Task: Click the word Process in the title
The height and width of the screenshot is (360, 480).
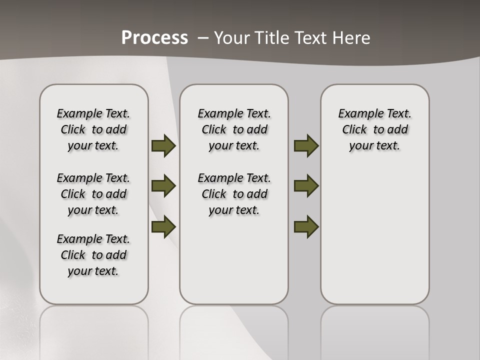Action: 154,38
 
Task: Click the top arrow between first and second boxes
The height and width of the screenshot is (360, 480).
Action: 163,146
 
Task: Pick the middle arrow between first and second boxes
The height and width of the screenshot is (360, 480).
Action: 163,186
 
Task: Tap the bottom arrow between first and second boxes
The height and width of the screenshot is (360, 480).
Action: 163,226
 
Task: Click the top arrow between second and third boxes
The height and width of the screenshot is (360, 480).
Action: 306,146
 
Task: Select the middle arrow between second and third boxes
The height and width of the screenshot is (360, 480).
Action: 306,186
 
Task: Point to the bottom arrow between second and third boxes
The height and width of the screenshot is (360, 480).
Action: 306,226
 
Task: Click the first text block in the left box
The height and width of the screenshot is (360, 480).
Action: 93,129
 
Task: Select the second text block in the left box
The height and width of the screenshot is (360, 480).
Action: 93,194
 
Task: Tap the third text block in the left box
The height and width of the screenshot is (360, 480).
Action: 93,255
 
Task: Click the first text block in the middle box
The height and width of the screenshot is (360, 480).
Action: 234,129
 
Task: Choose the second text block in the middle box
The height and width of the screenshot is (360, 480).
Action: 234,194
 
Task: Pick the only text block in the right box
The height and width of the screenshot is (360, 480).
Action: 374,129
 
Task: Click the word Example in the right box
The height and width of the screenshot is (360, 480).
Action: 357,113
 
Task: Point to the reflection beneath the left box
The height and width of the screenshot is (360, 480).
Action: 94,330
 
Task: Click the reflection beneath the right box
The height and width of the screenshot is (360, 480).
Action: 375,330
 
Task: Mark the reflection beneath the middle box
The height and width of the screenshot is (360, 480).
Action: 234,330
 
